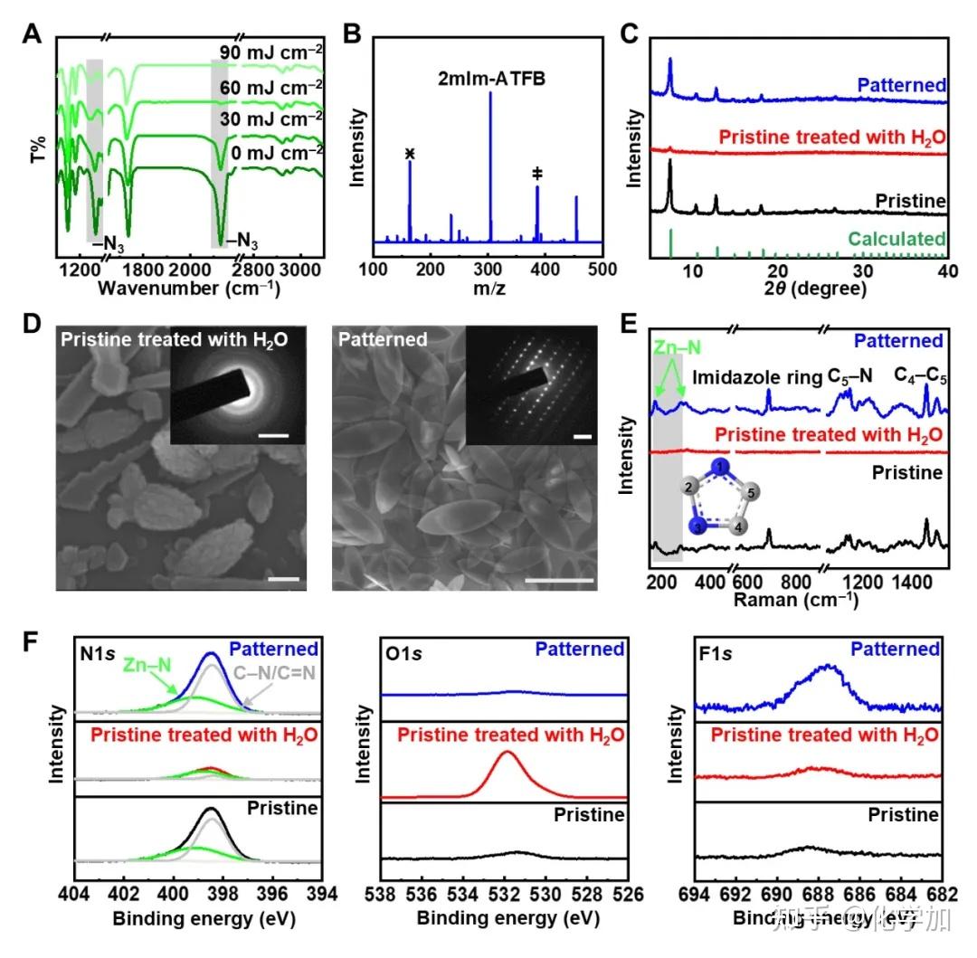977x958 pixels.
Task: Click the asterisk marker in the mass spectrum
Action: tap(410, 154)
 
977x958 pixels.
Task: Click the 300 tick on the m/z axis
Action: tap(488, 269)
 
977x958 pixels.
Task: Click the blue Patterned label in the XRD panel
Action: tap(901, 86)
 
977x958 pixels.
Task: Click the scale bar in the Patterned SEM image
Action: tap(548, 578)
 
